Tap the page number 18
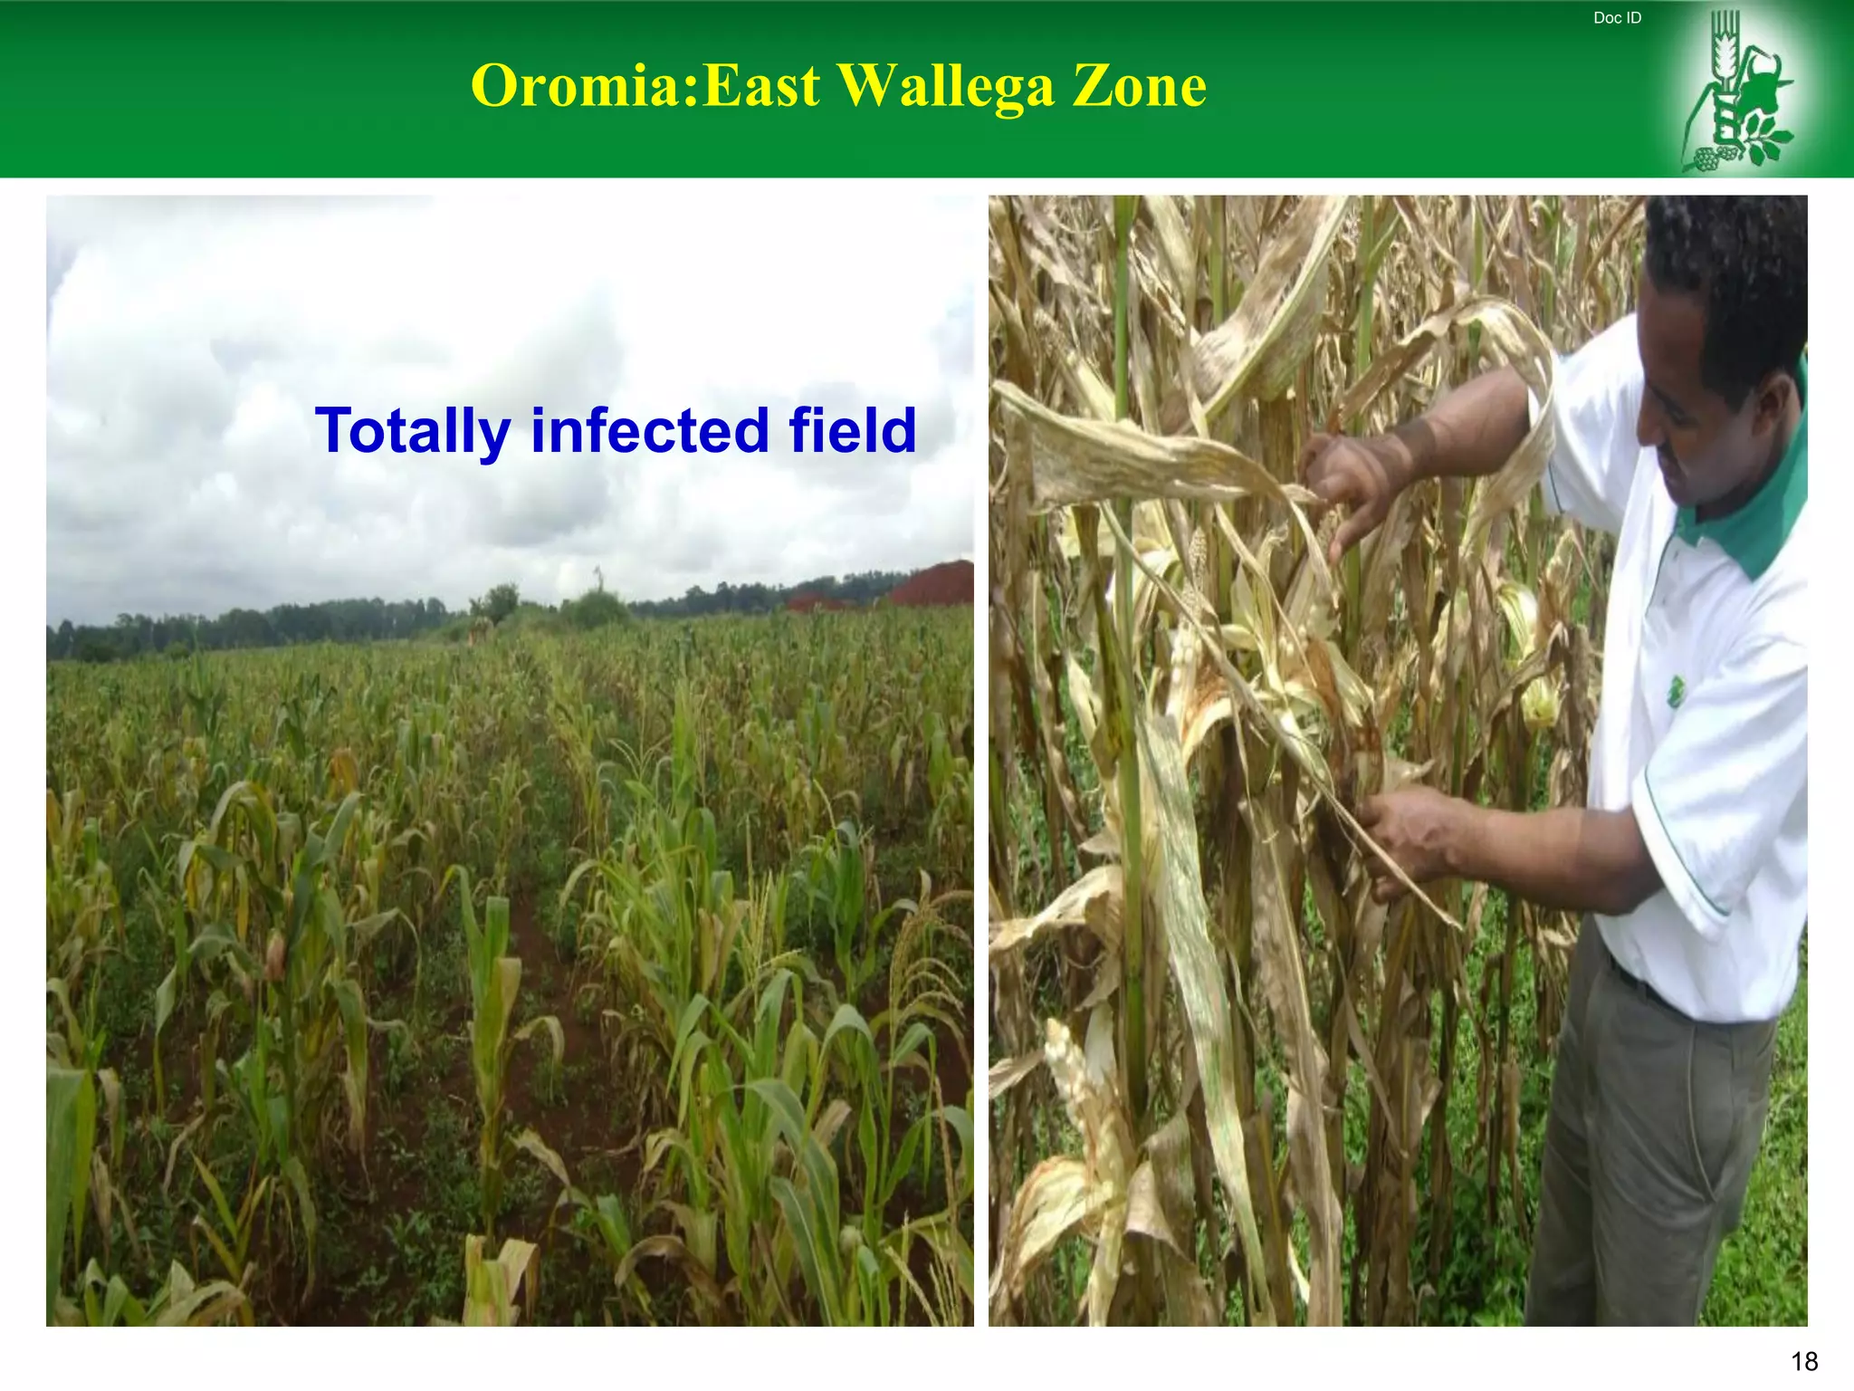click(x=1804, y=1361)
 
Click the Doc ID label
click(x=1617, y=18)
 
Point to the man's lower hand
click(x=1412, y=838)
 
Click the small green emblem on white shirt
click(x=1676, y=693)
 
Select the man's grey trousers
click(x=1648, y=1159)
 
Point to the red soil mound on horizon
click(x=932, y=584)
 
